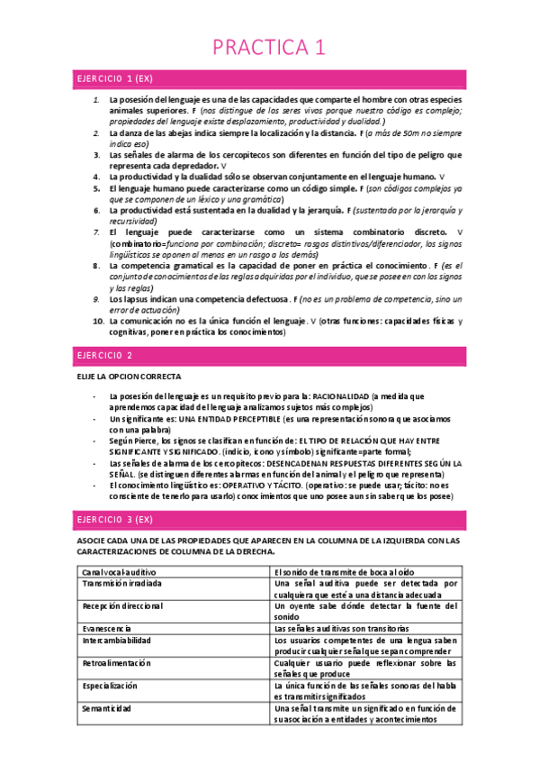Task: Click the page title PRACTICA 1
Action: click(269, 46)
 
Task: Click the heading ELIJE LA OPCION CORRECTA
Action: click(129, 376)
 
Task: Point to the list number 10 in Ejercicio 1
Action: click(98, 321)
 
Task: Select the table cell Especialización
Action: click(110, 686)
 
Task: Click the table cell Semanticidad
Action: click(109, 708)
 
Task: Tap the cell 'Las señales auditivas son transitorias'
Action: click(342, 628)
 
